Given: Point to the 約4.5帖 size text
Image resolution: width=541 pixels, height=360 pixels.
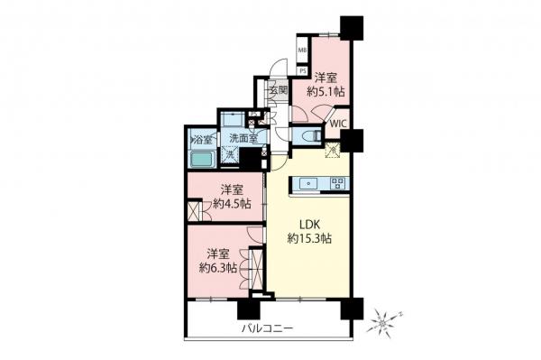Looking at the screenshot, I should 232,204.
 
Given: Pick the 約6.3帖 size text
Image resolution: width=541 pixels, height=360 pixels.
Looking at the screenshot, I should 219,268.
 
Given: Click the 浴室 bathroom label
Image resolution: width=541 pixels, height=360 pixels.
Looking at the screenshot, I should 202,139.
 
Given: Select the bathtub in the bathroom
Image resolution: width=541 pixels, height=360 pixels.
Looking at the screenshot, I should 202,161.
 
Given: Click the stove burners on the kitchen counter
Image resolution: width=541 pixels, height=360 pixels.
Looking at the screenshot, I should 336,183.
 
